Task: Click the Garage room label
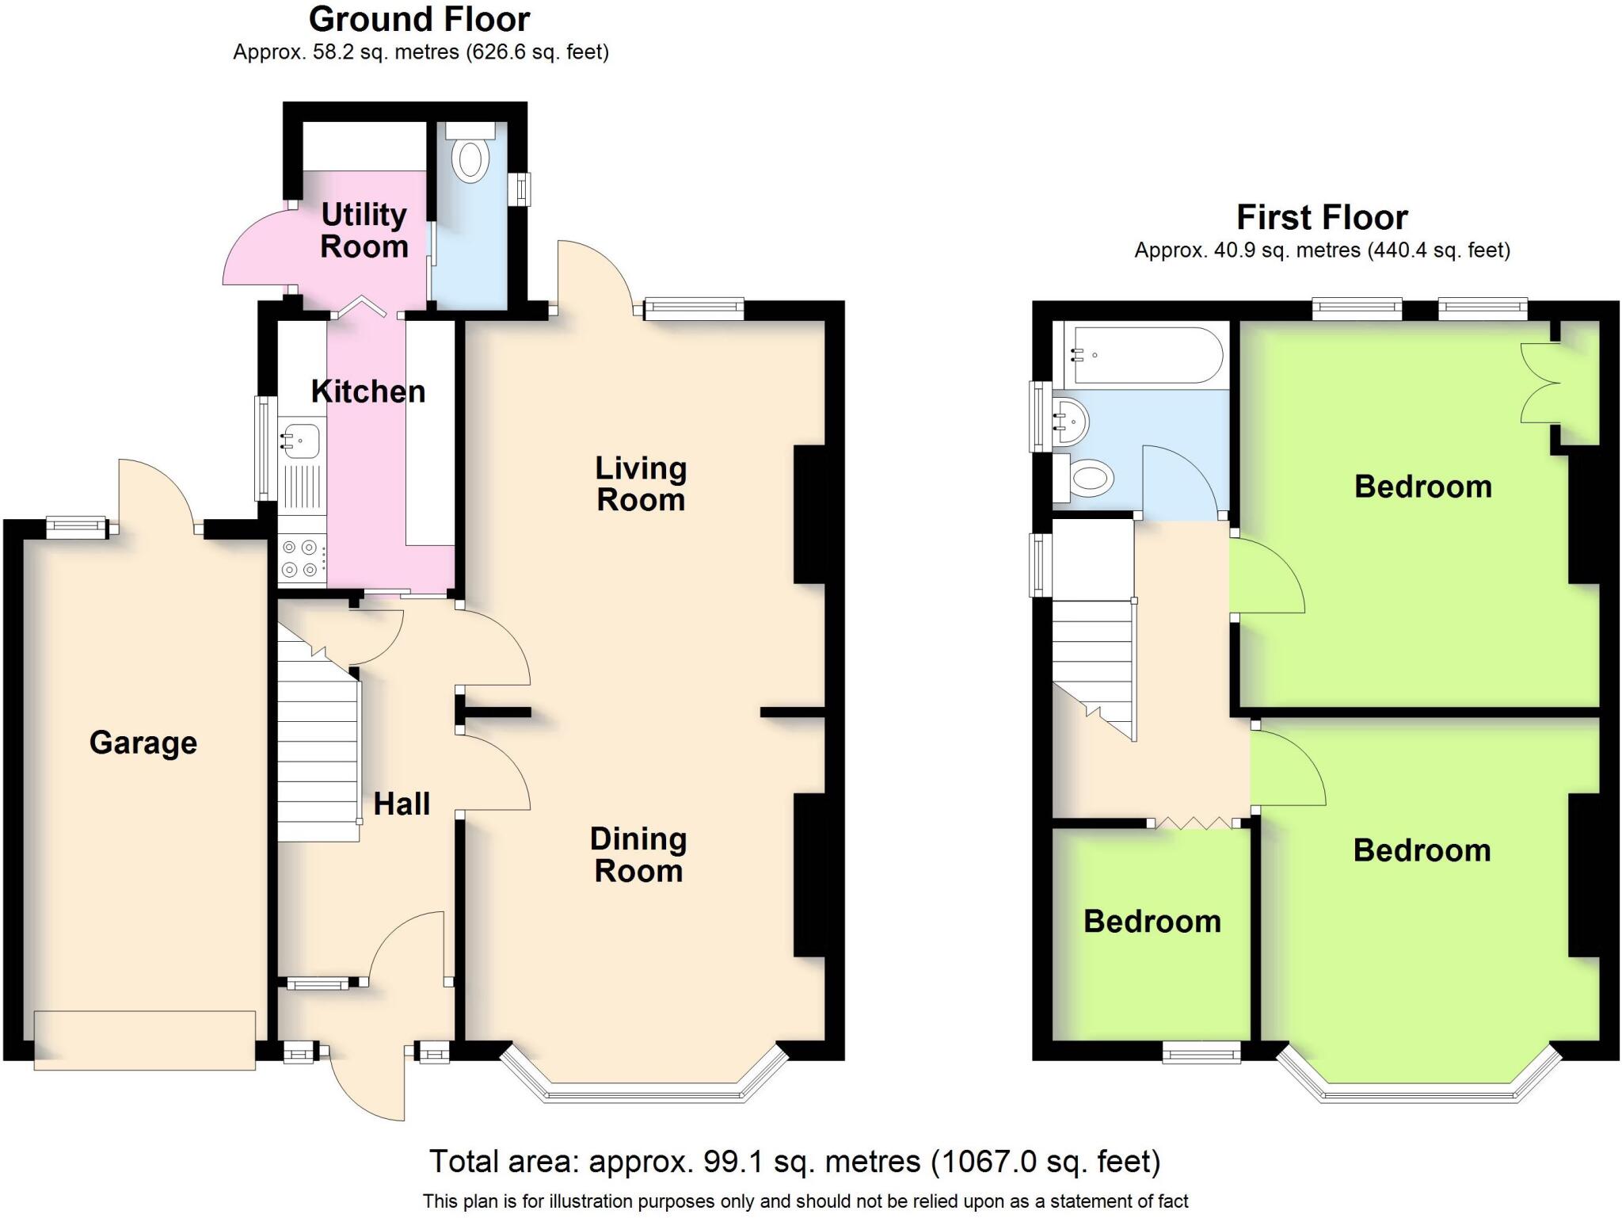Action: (143, 743)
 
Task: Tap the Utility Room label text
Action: (364, 231)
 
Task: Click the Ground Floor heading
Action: (419, 19)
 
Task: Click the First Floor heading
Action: (1322, 217)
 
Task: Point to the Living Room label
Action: (640, 484)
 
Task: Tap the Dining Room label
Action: (638, 855)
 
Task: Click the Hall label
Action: (402, 804)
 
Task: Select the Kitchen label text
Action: (367, 391)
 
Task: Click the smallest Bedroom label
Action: (1152, 922)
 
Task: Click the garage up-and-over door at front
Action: (145, 1040)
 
